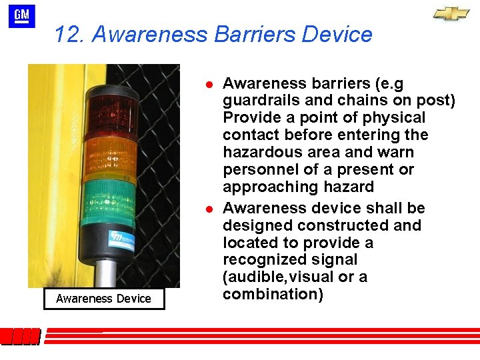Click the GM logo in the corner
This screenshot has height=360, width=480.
(x=21, y=16)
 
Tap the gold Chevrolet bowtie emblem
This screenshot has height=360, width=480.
(x=451, y=13)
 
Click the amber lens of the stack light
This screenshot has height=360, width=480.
(x=110, y=154)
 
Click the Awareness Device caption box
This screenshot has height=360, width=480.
(x=103, y=298)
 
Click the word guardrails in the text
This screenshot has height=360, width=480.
(x=259, y=101)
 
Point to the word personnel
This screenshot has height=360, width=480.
(x=257, y=170)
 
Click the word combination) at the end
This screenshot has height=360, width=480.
(x=273, y=294)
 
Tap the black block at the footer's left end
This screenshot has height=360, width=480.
(x=20, y=337)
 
